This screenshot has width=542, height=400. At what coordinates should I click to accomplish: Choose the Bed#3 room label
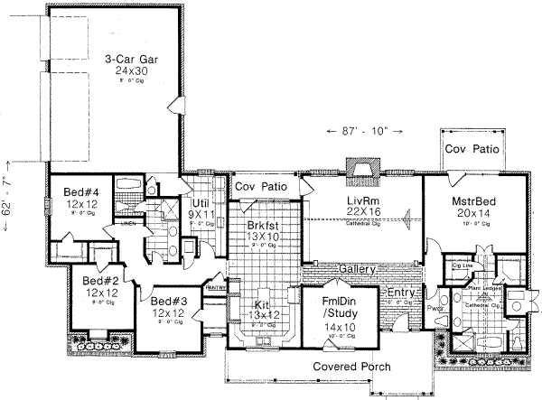click(168, 301)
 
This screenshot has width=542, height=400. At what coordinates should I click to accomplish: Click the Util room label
click(200, 203)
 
